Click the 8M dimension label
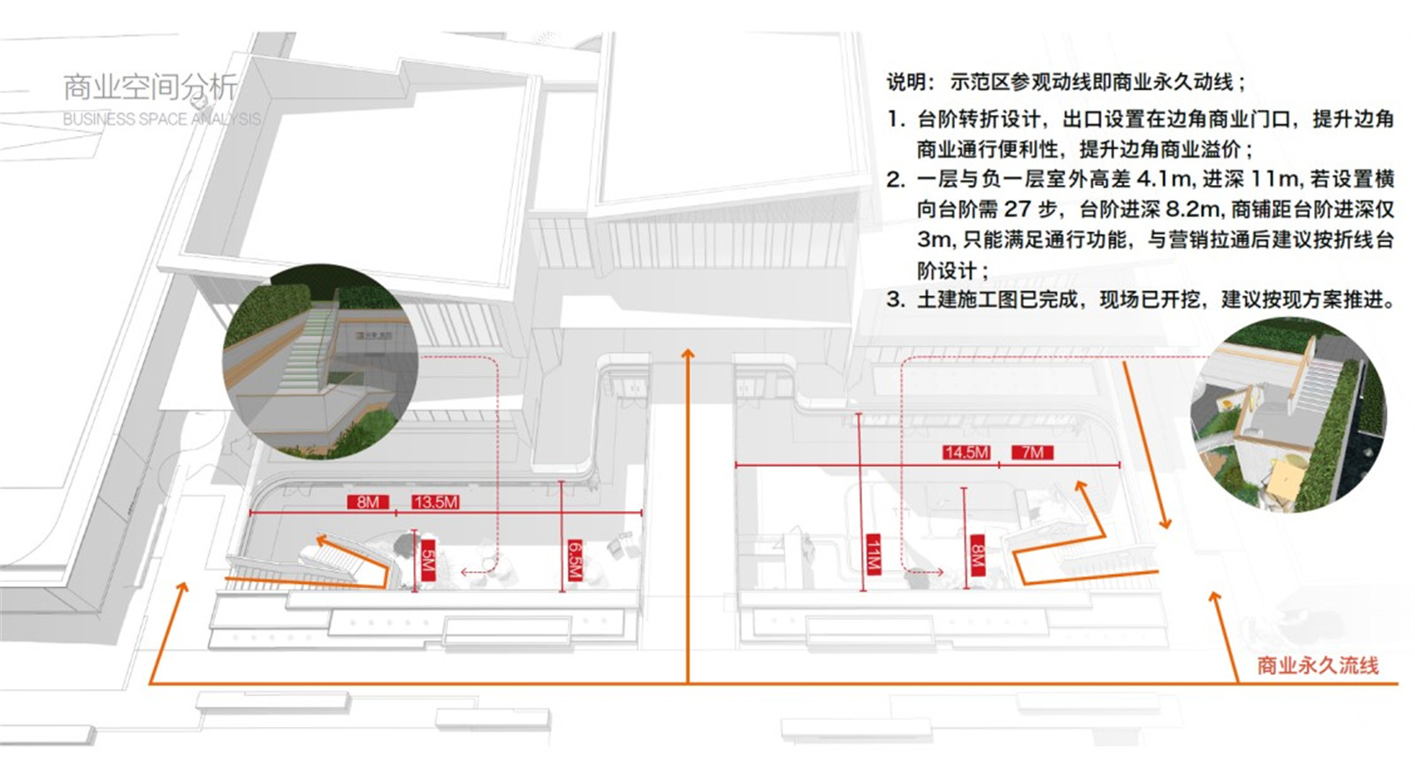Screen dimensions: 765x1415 tap(367, 502)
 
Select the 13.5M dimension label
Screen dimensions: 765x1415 tap(435, 502)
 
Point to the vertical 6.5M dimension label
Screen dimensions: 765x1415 tap(574, 561)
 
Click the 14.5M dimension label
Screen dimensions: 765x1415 tap(966, 453)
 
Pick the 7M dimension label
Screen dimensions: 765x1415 tap(1032, 453)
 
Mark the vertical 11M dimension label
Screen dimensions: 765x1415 tap(873, 555)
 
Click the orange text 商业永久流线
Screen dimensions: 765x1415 tap(1318, 666)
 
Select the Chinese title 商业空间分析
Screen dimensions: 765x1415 tap(149, 87)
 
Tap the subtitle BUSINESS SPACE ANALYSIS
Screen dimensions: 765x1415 tap(162, 119)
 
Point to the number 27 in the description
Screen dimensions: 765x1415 tap(1017, 210)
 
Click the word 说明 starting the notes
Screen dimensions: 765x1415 tap(906, 82)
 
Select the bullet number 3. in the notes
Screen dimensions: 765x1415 tap(895, 300)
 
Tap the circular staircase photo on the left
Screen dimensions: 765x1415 tap(320, 361)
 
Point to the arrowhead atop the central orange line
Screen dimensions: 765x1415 tap(687, 353)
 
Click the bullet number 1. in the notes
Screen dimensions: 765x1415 tap(896, 119)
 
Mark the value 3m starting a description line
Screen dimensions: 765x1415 tap(934, 240)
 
